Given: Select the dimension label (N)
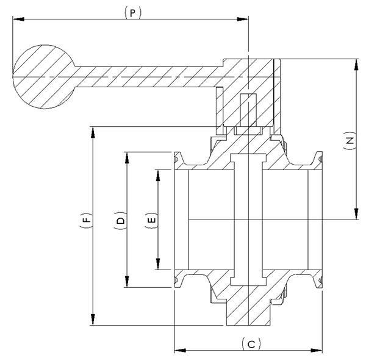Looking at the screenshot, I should coord(349,140).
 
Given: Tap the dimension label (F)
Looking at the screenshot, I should coord(86,219).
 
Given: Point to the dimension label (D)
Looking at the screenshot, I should coord(120,220).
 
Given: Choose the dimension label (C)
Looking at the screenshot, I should coord(251,344).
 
